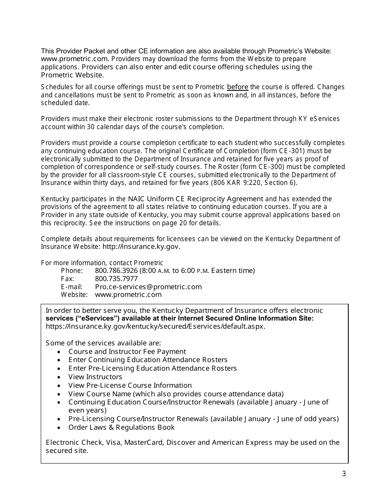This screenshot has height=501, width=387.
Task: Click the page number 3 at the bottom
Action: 344,474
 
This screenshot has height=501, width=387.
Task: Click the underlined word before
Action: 237,87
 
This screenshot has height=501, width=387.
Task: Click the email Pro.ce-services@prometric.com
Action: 148,287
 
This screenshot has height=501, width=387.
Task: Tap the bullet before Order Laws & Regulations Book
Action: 59,428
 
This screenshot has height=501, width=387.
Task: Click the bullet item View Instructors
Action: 95,377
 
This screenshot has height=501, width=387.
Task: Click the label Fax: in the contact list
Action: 68,279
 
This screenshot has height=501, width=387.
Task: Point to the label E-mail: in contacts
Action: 71,287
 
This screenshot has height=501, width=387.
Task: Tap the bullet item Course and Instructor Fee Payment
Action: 127,352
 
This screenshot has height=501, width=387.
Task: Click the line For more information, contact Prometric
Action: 102,263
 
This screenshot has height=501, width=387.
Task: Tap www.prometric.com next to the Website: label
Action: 128,294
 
